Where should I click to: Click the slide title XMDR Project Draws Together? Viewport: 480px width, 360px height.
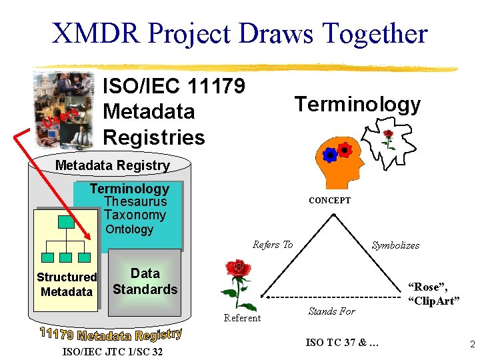(x=239, y=33)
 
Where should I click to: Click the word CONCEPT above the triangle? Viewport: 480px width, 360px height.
(x=329, y=200)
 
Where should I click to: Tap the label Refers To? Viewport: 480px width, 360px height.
(x=272, y=245)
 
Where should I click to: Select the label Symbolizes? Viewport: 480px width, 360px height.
(x=395, y=245)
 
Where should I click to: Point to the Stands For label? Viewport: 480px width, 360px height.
(x=331, y=311)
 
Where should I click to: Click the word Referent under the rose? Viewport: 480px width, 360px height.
(x=242, y=318)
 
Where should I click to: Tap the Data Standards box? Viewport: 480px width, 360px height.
(x=145, y=281)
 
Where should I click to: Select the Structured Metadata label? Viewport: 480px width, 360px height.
(x=67, y=285)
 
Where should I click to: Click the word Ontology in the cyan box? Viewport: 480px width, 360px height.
(x=129, y=229)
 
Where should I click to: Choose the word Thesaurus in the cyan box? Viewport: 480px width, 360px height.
(x=135, y=202)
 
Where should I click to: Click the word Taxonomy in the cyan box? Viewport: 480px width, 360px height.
(x=135, y=215)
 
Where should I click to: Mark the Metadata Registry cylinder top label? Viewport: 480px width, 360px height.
(x=112, y=165)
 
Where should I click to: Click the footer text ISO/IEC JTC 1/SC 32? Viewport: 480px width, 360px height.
(x=111, y=351)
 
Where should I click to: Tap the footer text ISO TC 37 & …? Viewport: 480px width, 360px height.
(x=342, y=343)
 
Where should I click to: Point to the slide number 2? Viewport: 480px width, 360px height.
(x=471, y=345)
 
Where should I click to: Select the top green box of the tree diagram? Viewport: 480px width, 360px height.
(x=66, y=221)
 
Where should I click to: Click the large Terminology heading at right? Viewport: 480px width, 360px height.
(x=357, y=105)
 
